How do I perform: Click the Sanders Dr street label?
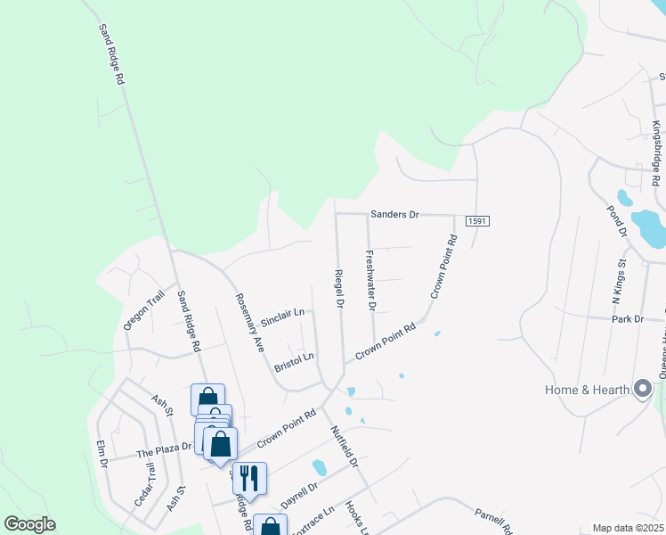coord(394,215)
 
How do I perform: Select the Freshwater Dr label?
coord(371,280)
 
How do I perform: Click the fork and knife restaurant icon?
coord(249,477)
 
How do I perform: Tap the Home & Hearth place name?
coord(587,389)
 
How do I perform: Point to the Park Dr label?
coord(627,318)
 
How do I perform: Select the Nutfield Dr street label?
coord(345,446)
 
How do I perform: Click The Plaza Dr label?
coord(164,450)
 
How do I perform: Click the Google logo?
coord(29,524)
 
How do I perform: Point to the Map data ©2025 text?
coord(628,528)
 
